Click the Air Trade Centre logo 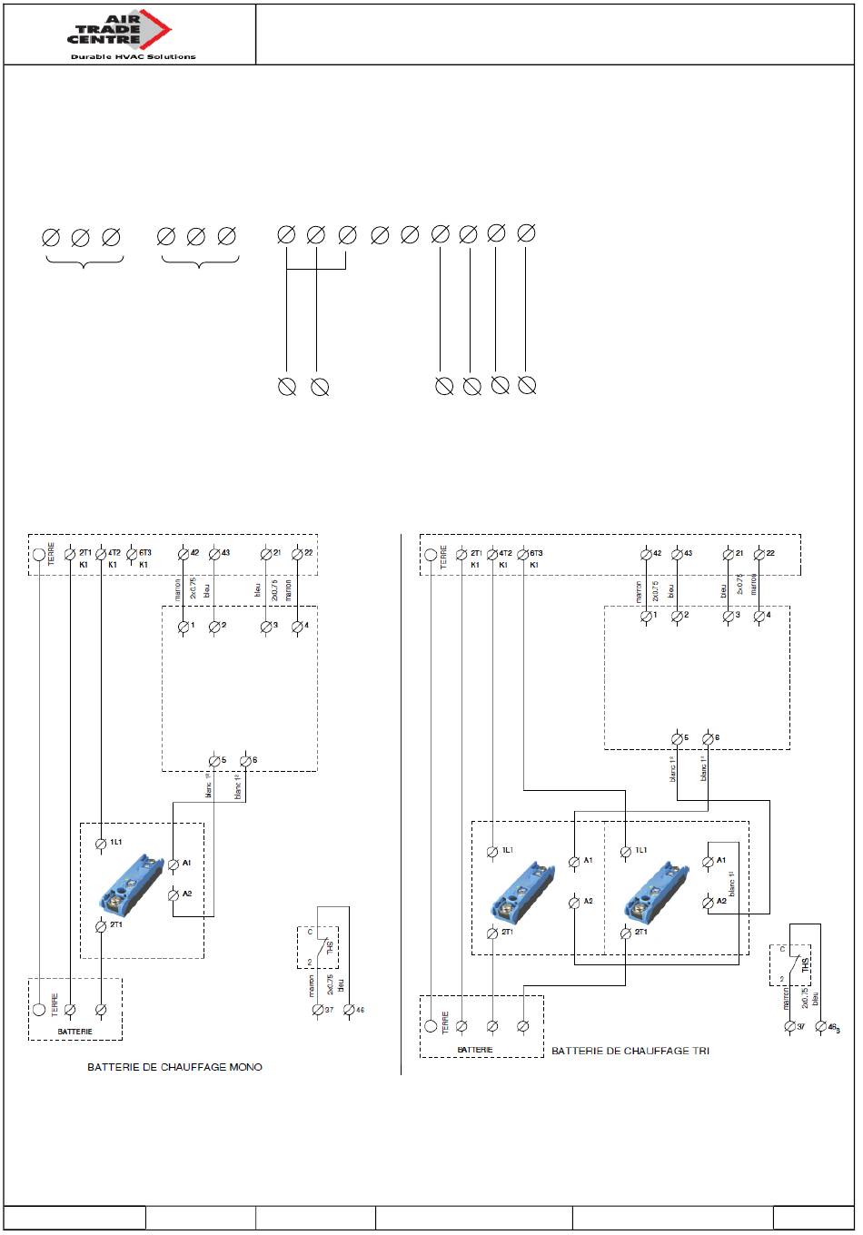pos(118,30)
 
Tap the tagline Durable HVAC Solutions pos(133,56)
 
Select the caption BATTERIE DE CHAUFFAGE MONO pos(174,1066)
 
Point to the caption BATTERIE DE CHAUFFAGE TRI pos(630,1051)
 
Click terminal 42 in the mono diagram pos(183,553)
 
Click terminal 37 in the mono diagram pos(317,1009)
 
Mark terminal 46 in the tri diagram pos(822,1026)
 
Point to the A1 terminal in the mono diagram pos(174,864)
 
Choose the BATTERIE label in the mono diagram pos(74,1032)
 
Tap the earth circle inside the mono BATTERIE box pos(38,1009)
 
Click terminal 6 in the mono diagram pos(245,760)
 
